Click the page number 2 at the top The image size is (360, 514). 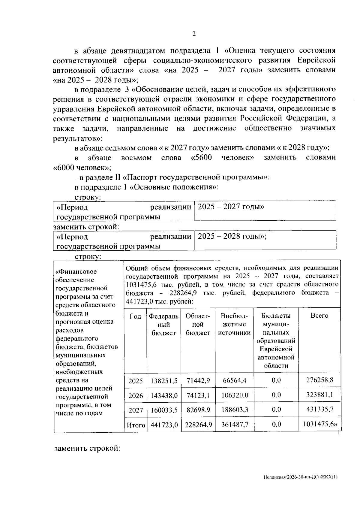pos(194,34)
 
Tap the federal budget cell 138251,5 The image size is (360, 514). pos(164,381)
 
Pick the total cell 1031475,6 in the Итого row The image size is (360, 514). pos(320,424)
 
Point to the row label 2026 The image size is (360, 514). pos(136,395)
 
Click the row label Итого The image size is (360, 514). pos(136,425)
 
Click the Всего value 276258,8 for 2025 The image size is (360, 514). pos(319,380)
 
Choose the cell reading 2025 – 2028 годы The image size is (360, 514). pos(232,236)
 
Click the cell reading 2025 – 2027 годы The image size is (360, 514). pos(231,207)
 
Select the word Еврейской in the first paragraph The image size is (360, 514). pos(316,60)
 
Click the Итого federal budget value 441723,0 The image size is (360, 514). pos(164,425)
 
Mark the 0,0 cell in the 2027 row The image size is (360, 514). pos(276,410)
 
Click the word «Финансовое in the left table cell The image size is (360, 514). pos(76,271)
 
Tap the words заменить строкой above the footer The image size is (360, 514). pos(87,449)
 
